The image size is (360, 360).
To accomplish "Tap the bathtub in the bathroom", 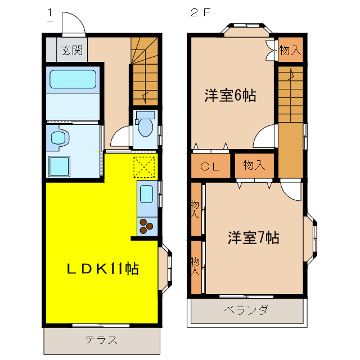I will (x=73, y=79).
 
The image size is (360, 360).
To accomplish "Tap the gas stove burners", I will (x=146, y=226).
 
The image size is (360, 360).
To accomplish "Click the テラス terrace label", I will (x=101, y=340).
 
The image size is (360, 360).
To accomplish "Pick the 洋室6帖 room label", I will (x=230, y=96).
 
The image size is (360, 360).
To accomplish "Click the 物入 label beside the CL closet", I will (x=254, y=165).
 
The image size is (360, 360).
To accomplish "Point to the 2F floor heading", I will (x=200, y=12).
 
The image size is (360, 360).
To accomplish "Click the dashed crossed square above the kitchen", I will (x=145, y=166).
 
